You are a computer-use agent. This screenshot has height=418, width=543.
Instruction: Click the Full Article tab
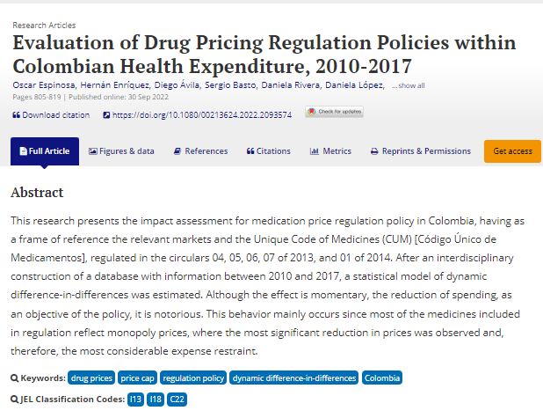(44, 151)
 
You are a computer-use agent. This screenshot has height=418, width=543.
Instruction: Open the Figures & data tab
(121, 151)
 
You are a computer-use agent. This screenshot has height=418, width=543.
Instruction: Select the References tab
(200, 151)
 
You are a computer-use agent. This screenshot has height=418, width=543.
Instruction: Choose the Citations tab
(268, 151)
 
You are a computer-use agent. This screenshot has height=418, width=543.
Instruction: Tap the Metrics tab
(330, 151)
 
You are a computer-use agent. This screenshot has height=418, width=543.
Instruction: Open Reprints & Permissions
(421, 151)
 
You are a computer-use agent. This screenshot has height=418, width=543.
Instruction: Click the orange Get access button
(512, 151)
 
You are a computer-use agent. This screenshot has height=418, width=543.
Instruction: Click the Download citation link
(51, 114)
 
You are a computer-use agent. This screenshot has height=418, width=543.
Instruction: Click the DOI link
(202, 114)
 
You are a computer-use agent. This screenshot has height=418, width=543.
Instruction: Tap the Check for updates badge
(334, 112)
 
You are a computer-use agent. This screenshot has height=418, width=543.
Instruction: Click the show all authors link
(408, 85)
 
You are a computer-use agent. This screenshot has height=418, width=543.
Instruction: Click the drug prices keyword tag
(91, 378)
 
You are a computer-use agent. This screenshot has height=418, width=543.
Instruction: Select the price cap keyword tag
(137, 378)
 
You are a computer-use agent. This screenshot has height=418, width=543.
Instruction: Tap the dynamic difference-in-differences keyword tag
(293, 378)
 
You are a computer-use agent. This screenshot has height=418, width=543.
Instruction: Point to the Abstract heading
(37, 192)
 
